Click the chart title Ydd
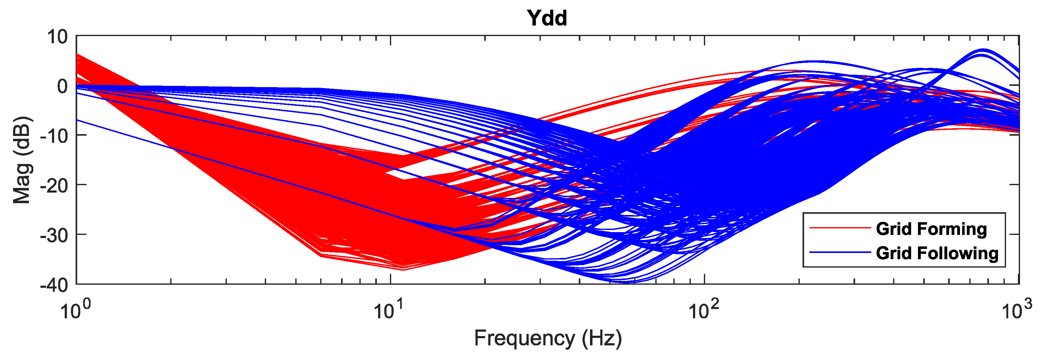point(547,18)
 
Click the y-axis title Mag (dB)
point(22,160)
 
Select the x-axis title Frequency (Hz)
point(548,338)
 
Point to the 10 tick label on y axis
point(57,37)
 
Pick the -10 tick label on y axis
point(54,136)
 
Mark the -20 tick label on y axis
point(54,185)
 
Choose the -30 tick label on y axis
point(54,235)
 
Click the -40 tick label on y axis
point(54,285)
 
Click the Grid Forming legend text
point(931,229)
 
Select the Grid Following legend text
point(937,253)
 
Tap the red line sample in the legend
point(840,228)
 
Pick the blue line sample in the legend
point(840,253)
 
